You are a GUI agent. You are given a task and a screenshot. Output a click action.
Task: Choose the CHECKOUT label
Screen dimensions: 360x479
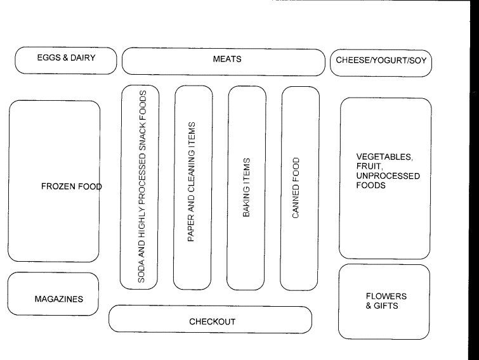pyautogui.click(x=213, y=322)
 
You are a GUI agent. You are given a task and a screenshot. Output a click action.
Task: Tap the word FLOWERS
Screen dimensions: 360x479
pyautogui.click(x=386, y=296)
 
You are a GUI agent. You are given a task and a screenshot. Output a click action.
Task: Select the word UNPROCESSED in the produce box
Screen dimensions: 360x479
pyautogui.click(x=387, y=177)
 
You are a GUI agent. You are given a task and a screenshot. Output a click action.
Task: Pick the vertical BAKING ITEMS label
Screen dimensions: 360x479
pyautogui.click(x=246, y=188)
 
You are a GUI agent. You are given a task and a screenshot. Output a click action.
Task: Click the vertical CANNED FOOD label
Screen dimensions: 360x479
pyautogui.click(x=296, y=188)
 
